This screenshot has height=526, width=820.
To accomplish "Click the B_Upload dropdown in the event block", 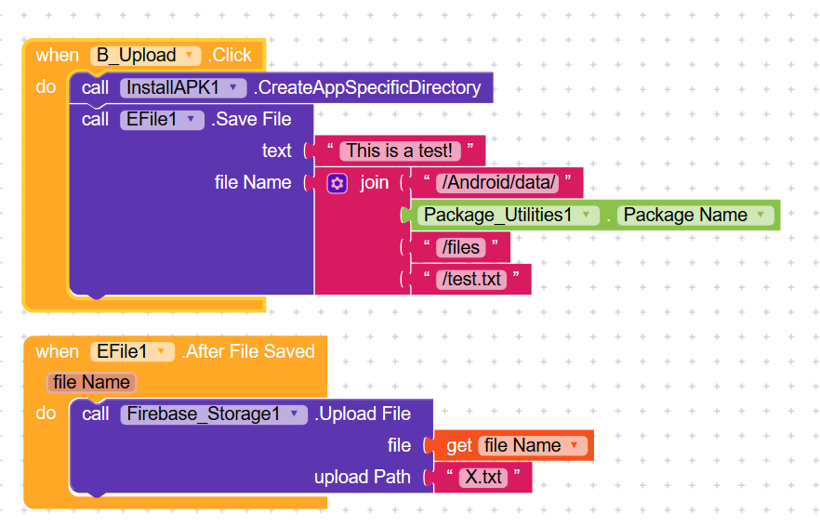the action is tap(145, 56).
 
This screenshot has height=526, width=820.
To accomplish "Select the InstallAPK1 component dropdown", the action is tap(183, 88).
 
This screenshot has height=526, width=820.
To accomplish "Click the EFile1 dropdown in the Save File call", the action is tap(162, 120).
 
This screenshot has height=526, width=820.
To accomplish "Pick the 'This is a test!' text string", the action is tap(400, 151).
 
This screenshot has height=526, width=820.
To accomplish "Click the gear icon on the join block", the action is tap(337, 183).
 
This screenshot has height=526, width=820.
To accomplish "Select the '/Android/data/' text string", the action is tap(497, 183).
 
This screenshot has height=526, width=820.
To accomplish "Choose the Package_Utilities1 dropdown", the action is tap(509, 216).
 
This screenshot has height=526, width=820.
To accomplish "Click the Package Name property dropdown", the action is tap(695, 216).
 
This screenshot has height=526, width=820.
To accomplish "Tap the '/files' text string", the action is tap(461, 247).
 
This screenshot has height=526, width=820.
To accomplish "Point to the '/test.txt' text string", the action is tap(471, 279).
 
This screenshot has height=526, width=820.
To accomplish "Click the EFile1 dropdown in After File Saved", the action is tap(132, 352).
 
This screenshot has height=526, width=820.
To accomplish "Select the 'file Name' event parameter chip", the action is tap(91, 382).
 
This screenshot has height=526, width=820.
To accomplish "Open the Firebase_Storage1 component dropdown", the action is tap(214, 414).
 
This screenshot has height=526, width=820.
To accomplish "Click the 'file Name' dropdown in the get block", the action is tap(533, 445).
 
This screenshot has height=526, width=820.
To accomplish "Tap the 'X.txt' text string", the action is tap(483, 478).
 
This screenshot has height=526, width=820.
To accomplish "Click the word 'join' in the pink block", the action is tap(375, 183).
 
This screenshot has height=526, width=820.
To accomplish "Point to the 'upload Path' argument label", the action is tap(363, 477).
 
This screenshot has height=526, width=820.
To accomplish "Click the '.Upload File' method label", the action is tap(363, 414).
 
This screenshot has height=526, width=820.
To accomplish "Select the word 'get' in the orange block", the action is tap(459, 446).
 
